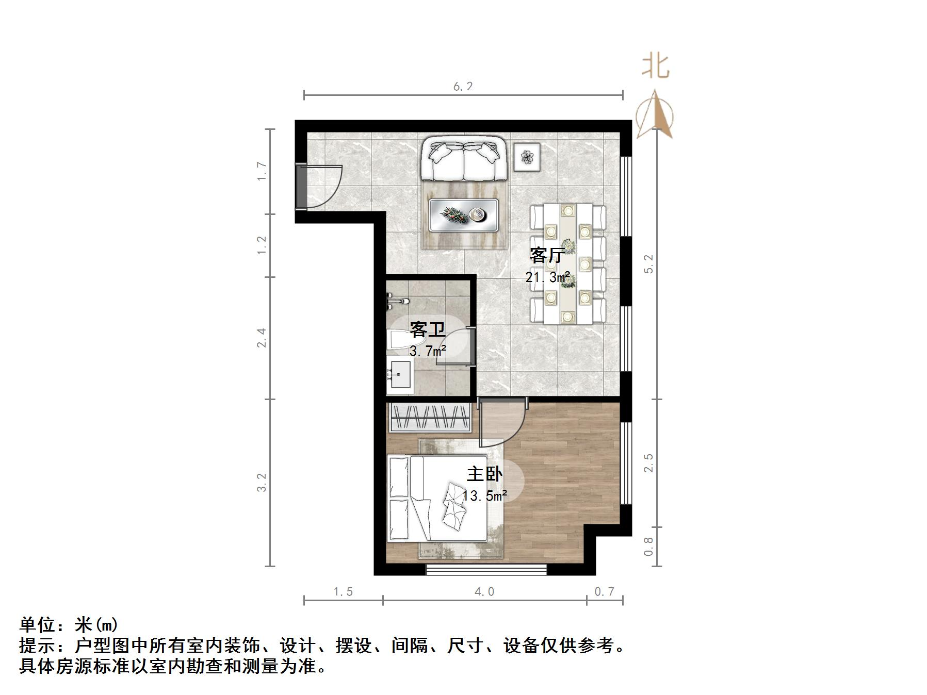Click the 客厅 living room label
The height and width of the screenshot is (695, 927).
pyautogui.click(x=546, y=255)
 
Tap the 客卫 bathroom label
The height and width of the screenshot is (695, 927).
pyautogui.click(x=427, y=329)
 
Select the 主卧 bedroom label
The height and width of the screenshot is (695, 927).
pyautogui.click(x=484, y=473)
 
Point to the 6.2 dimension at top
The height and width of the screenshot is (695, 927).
pyautogui.click(x=463, y=86)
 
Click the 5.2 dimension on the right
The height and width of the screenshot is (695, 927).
pyautogui.click(x=649, y=263)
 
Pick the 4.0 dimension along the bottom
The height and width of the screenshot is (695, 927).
pyautogui.click(x=484, y=591)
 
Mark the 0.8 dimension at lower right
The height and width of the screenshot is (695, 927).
pyautogui.click(x=649, y=547)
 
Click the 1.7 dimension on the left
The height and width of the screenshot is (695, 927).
pyautogui.click(x=262, y=171)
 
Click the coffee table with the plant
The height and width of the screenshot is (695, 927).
pyautogui.click(x=464, y=214)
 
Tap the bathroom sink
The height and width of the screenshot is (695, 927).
pyautogui.click(x=400, y=374)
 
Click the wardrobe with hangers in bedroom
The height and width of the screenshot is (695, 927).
pyautogui.click(x=429, y=417)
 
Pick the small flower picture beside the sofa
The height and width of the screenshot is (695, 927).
pyautogui.click(x=527, y=156)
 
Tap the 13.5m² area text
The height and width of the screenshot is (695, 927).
pyautogui.click(x=484, y=496)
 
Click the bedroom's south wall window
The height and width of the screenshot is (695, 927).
pyautogui.click(x=486, y=570)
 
